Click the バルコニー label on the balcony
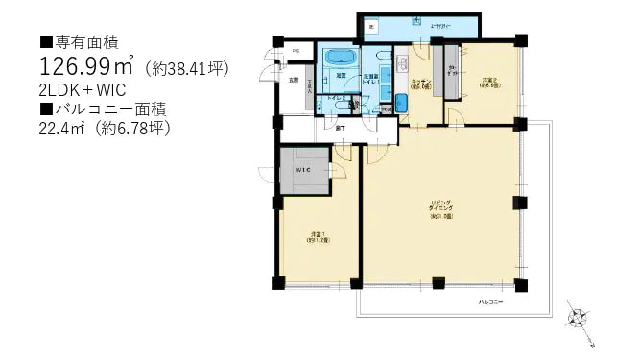[493, 303]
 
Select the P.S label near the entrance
[296, 50]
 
